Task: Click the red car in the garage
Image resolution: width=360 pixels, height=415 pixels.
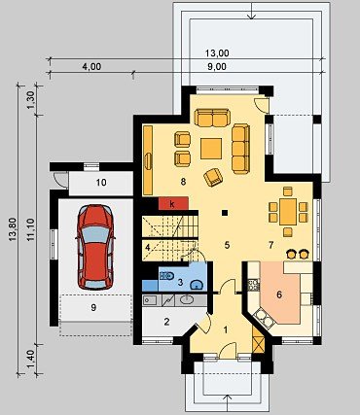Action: (95, 247)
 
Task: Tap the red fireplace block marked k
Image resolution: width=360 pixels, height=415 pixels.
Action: (173, 203)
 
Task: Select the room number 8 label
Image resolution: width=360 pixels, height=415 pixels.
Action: (183, 182)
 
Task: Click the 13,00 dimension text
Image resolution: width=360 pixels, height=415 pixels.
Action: (217, 52)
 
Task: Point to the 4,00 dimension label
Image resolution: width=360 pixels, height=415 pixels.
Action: (91, 67)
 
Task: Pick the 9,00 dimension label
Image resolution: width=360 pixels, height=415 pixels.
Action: (216, 67)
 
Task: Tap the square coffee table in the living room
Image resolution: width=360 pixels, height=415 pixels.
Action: (211, 149)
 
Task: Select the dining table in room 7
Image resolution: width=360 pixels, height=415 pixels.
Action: (288, 212)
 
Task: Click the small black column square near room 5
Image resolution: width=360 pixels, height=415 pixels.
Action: (225, 213)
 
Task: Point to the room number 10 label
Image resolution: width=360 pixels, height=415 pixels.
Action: (101, 183)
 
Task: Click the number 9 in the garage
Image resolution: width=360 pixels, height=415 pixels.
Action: (93, 307)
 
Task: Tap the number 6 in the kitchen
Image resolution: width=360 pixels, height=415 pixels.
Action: (279, 294)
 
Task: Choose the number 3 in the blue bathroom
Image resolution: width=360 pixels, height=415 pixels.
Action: (181, 282)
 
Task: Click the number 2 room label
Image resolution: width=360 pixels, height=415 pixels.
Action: (166, 322)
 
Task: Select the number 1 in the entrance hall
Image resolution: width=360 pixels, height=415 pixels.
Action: (226, 329)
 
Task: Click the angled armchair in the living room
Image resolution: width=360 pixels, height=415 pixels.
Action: (213, 177)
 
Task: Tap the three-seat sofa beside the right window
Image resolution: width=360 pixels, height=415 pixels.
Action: (241, 149)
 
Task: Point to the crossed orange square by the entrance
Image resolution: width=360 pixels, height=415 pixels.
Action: (257, 345)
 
